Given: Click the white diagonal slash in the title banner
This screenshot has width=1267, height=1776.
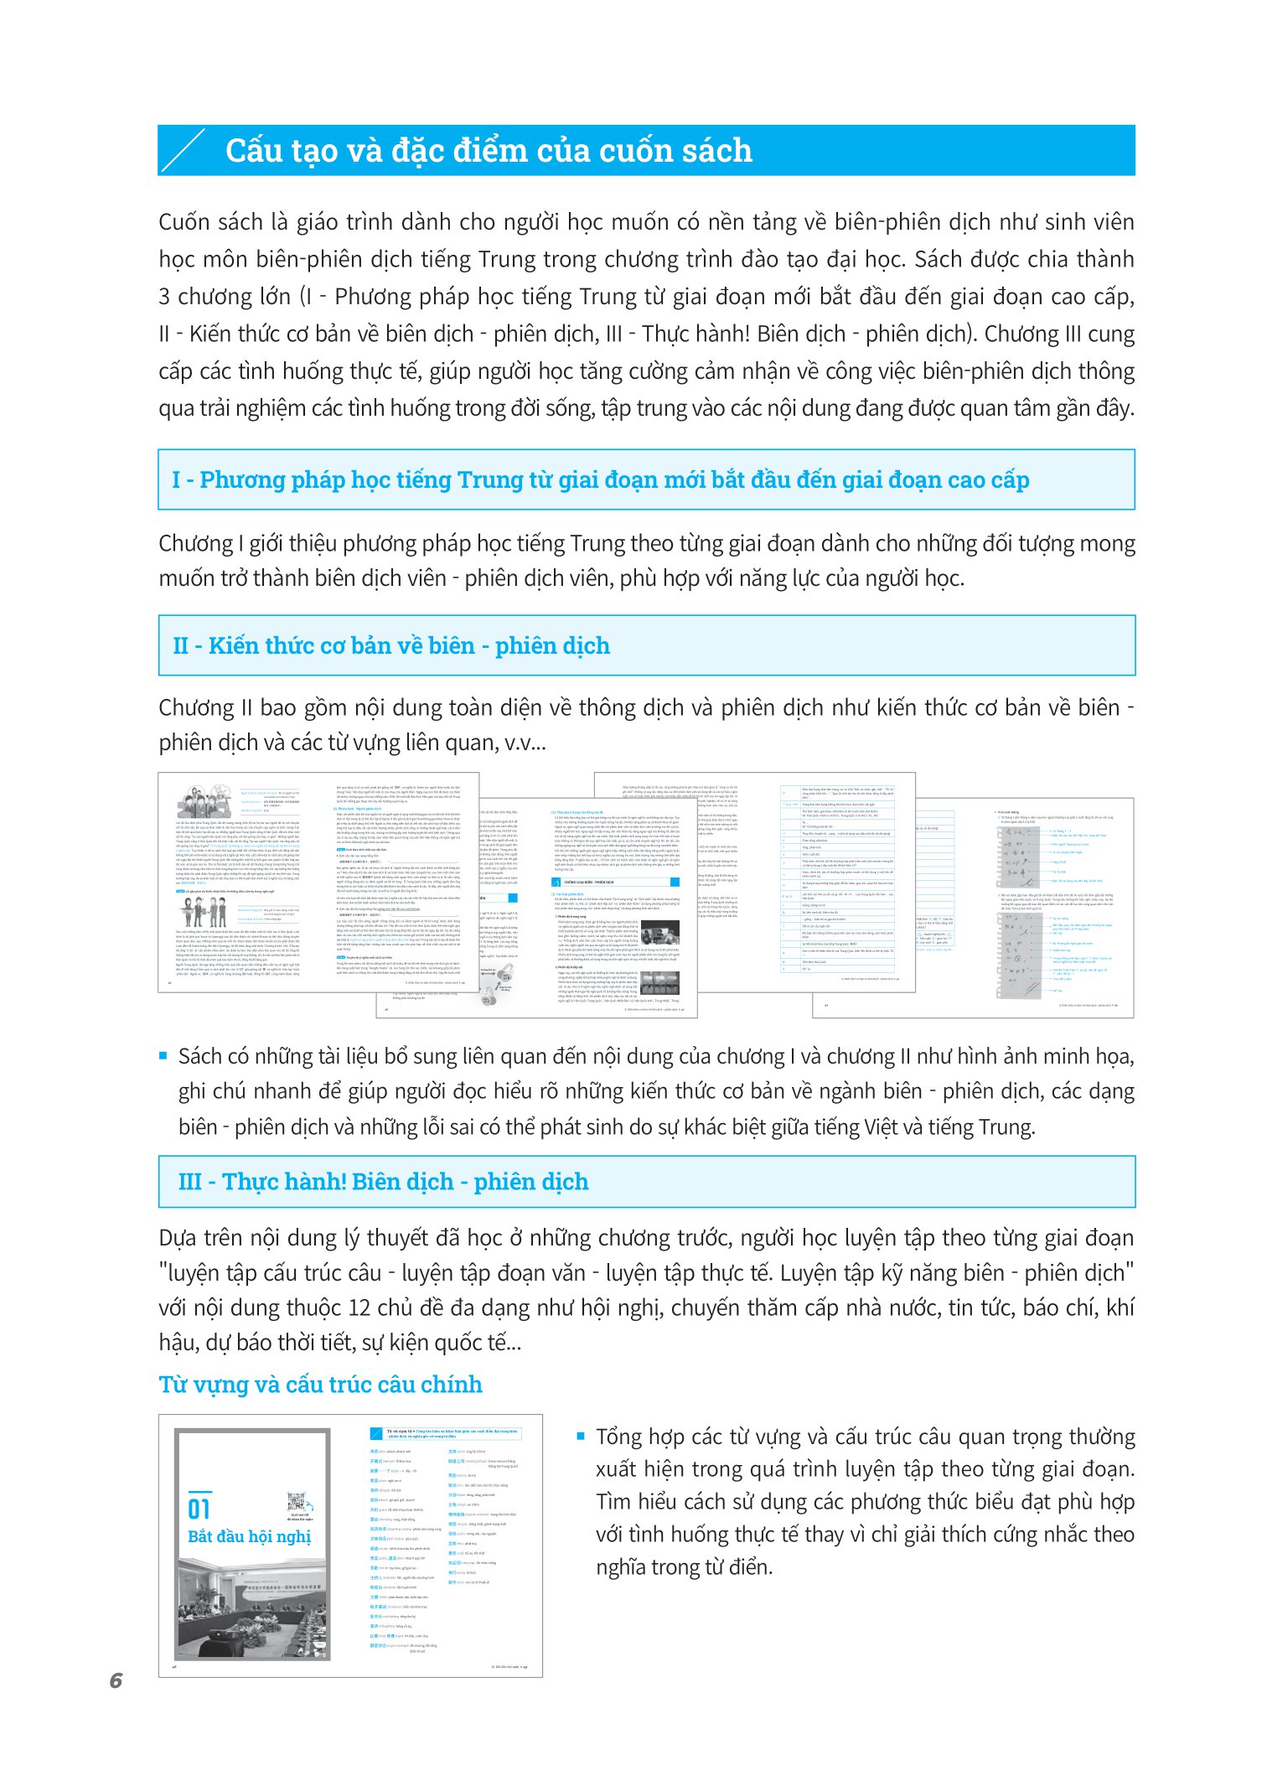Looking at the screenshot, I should click(184, 152).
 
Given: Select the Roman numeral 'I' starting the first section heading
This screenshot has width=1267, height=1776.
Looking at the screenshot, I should click(176, 480).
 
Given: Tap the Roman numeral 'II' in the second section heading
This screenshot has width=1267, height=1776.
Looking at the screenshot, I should click(180, 646).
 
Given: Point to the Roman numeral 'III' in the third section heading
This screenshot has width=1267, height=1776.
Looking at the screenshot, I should click(190, 1182).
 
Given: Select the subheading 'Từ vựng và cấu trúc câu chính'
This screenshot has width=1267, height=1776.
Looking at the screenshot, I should click(320, 1384).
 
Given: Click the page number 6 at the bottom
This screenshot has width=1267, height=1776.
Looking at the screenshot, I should click(116, 1680).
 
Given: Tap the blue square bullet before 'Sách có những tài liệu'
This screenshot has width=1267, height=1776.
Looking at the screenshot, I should click(163, 1056).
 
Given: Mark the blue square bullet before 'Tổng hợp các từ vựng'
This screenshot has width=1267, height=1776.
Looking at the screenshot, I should click(581, 1436).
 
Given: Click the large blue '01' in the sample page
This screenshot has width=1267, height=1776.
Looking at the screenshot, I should click(199, 1509).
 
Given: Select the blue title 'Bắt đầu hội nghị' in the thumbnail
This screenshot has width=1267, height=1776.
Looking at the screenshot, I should click(249, 1536).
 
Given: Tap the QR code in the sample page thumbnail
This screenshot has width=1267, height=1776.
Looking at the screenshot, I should click(296, 1501).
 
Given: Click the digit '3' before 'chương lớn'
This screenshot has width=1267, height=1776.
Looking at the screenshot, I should click(164, 297).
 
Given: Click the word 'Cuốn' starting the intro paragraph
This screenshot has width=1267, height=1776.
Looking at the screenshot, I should click(185, 222).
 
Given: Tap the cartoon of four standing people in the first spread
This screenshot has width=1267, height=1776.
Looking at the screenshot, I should click(205, 911).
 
